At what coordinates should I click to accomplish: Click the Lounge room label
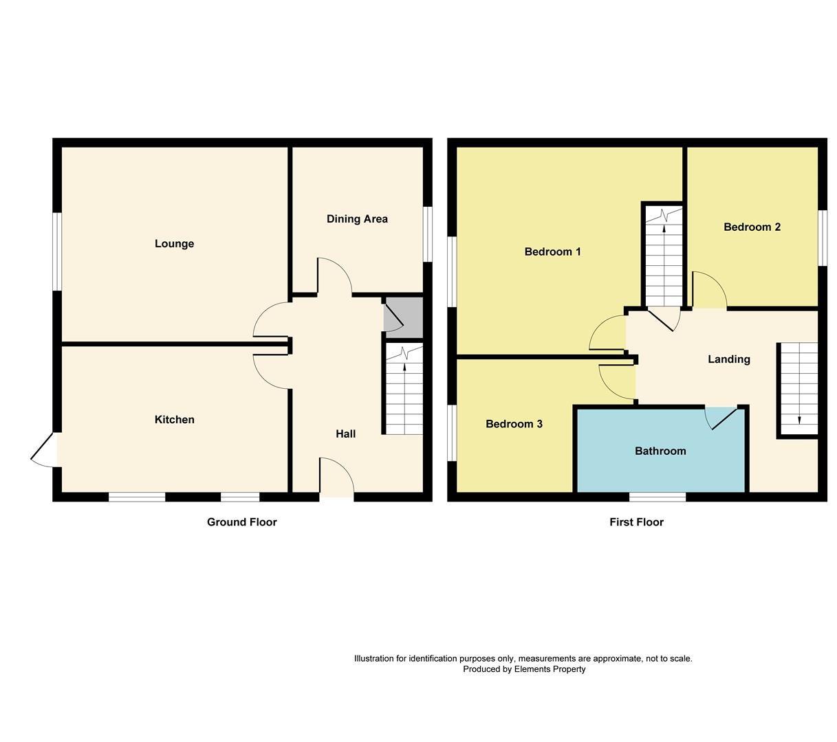point(174,244)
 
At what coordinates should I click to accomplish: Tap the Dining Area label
point(357,219)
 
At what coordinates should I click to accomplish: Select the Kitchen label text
point(174,420)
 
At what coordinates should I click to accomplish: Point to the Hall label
point(345,434)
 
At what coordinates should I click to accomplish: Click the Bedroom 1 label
point(552,252)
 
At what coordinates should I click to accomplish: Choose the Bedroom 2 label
point(752,227)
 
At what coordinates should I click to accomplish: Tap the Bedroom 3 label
point(514,424)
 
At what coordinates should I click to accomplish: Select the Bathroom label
point(660,451)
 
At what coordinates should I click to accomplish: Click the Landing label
point(728,359)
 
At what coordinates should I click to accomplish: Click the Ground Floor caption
point(241,522)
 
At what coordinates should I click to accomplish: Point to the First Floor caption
point(636,522)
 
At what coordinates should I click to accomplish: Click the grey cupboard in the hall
point(404,317)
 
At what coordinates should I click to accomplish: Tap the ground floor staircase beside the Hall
point(404,390)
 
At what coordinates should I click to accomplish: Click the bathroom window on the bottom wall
point(657,497)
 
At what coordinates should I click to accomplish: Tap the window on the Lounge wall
point(58,251)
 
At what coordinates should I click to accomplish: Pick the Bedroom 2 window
point(822,237)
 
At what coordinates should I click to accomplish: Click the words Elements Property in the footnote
point(550,669)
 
